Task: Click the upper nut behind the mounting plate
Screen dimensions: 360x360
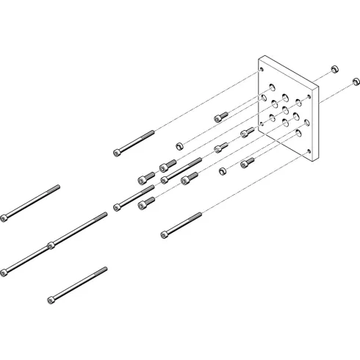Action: [x=334, y=69]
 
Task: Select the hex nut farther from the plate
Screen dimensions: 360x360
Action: [x=179, y=145]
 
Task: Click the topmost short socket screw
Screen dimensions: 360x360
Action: [x=220, y=116]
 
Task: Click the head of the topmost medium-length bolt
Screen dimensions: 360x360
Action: [x=117, y=152]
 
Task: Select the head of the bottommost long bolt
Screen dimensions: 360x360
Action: [x=51, y=299]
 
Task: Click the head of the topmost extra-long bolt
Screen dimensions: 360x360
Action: [x=5, y=217]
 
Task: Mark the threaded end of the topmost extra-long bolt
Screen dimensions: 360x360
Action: [x=56, y=187]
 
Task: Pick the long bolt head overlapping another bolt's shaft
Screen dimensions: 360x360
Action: [x=50, y=244]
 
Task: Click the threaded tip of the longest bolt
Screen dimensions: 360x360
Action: [x=105, y=215]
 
